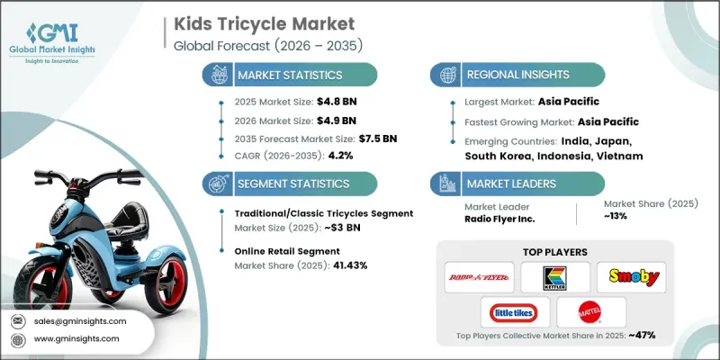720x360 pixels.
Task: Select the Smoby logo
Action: point(634,276)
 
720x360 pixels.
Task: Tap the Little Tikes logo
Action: point(509,314)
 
